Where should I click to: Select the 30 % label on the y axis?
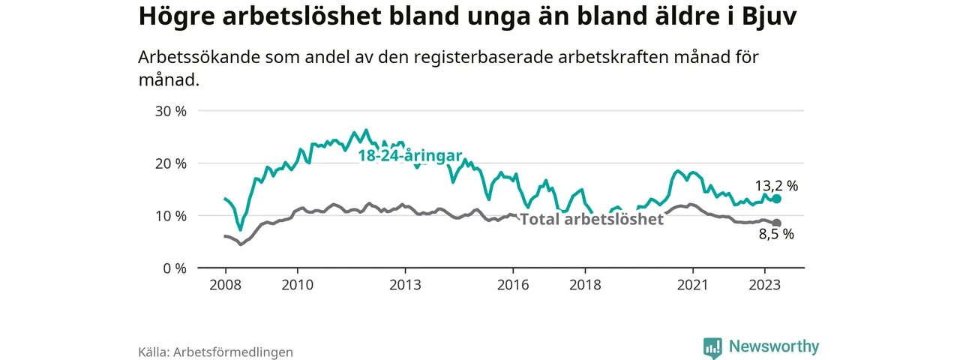click(170, 111)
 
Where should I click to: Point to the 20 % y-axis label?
click(170, 163)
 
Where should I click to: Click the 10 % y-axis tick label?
click(170, 216)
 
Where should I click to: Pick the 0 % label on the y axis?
click(174, 268)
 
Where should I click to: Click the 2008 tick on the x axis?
click(225, 285)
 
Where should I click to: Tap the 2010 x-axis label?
click(297, 285)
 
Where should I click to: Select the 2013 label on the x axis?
click(405, 285)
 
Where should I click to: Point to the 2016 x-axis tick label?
click(513, 285)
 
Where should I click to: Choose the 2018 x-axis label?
click(585, 285)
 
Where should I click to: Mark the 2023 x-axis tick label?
click(764, 285)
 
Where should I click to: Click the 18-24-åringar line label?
click(409, 156)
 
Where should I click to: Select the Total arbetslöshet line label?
click(592, 219)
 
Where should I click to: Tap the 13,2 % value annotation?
click(776, 186)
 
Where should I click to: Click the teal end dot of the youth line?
click(778, 199)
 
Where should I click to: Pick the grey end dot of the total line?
click(778, 223)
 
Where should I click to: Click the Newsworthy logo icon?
click(712, 347)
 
